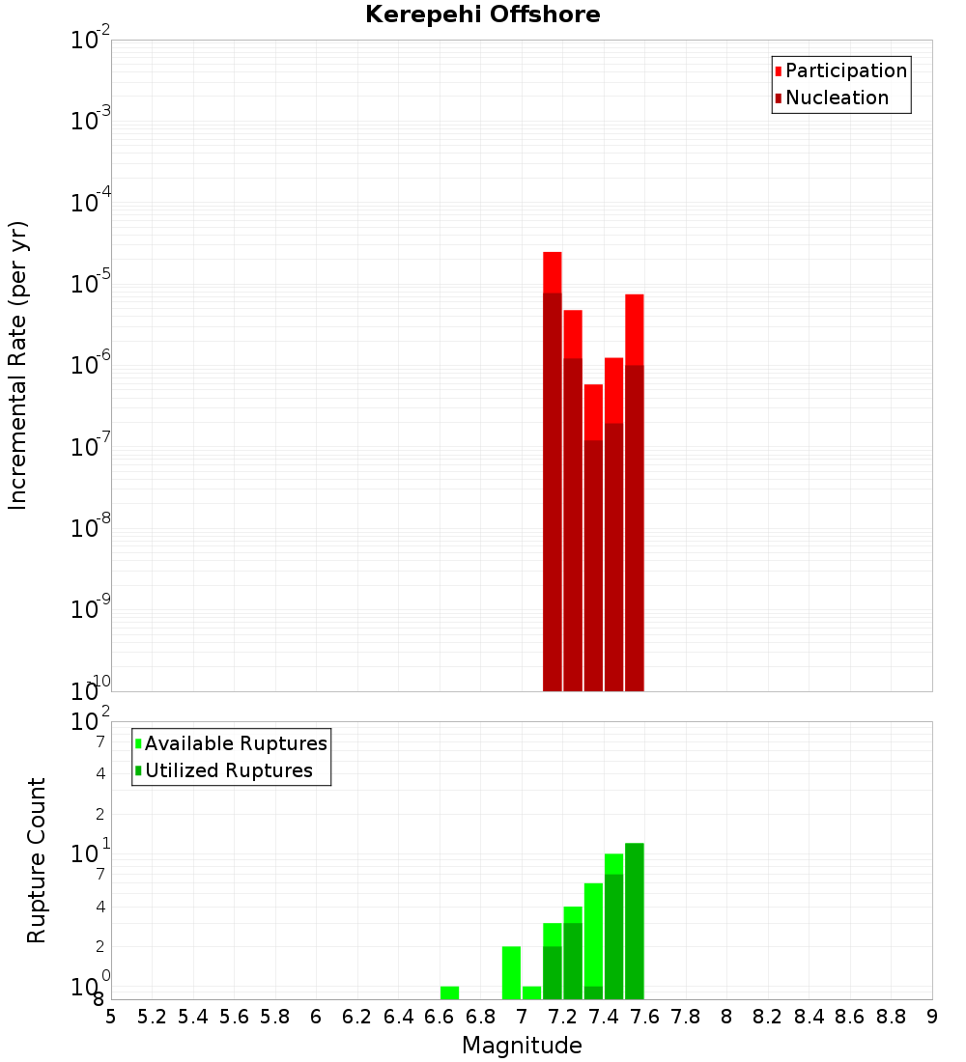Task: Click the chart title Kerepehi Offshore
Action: click(482, 15)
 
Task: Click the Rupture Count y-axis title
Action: click(37, 860)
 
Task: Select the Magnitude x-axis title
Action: click(522, 1046)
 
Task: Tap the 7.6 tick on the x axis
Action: click(645, 1017)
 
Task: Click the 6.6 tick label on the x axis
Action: click(440, 1017)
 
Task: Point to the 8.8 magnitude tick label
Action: click(892, 1017)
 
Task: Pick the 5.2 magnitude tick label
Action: click(153, 1017)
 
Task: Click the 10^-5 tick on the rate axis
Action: click(91, 285)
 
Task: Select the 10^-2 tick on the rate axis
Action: click(91, 41)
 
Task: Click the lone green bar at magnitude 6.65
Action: click(449, 992)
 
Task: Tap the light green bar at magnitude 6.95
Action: click(511, 972)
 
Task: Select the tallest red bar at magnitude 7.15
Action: click(553, 473)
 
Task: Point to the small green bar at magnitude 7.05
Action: click(531, 992)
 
